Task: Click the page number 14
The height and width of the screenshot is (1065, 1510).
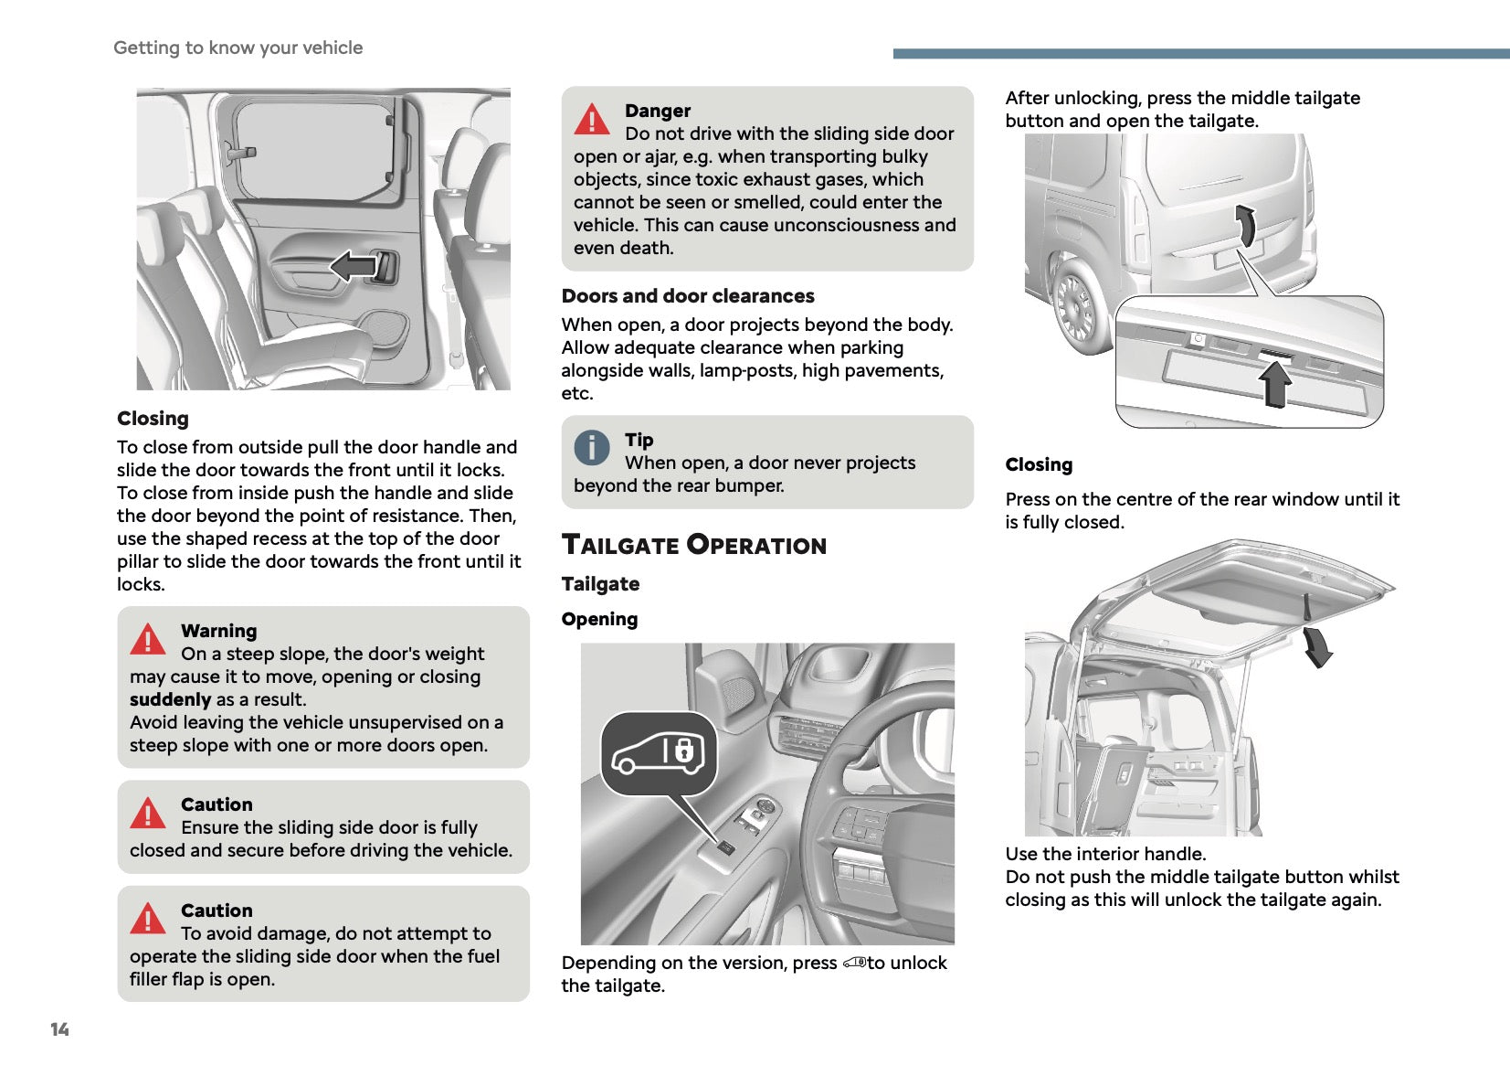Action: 59,1029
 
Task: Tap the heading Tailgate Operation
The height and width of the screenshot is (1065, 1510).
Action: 693,545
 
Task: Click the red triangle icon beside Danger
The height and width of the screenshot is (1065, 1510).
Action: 592,120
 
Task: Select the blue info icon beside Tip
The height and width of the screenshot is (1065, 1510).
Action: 592,448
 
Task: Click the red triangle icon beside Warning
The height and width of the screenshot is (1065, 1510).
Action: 148,640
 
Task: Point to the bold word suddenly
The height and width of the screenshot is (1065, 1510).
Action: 170,699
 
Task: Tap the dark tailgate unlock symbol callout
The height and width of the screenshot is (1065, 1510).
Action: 658,753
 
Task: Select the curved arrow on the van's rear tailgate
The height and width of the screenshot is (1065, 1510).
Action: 1245,225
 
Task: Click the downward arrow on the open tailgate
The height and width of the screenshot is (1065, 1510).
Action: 1317,646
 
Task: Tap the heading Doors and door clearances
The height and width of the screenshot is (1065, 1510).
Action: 688,296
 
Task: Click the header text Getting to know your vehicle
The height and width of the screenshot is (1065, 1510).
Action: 238,48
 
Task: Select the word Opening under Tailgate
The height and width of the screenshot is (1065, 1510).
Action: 599,619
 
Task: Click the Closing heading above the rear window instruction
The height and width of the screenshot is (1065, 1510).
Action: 1039,464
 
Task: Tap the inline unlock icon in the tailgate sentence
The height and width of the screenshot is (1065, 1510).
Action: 853,963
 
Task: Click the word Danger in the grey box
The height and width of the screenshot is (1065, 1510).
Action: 658,111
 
